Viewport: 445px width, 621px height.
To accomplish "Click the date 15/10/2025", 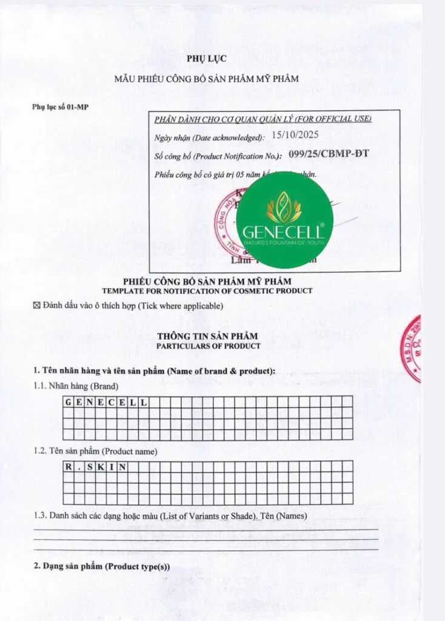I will point(295,136).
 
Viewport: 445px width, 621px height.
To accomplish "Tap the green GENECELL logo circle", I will point(284,220).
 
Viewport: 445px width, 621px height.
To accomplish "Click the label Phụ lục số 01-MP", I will point(56,107).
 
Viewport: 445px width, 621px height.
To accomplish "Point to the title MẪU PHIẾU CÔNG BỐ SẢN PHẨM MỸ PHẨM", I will point(207,79).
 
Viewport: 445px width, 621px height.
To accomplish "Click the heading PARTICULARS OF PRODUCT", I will point(208,346).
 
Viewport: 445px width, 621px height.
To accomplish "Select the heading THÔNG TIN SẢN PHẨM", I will point(208,336).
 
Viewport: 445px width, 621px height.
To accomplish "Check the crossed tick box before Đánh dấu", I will point(36,306).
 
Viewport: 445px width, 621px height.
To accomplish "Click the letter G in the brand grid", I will point(69,401).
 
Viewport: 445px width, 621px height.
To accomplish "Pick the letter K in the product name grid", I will point(101,466).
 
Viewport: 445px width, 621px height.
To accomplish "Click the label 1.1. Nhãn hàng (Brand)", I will point(76,386).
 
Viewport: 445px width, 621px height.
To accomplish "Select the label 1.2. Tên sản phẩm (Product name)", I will point(95,451).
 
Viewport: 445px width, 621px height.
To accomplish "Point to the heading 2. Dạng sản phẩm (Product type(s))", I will point(101,566).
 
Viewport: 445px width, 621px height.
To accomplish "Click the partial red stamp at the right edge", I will point(413,349).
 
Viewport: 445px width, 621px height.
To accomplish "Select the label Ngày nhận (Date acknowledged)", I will point(209,138).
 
